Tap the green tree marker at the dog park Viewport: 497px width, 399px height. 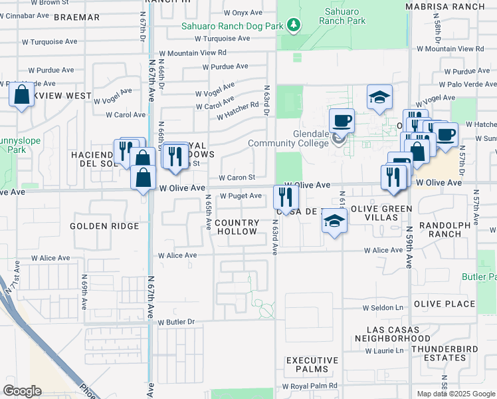coord(293,25)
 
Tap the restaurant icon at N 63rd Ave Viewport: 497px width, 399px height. coord(286,196)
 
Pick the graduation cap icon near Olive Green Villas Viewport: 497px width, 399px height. coord(334,222)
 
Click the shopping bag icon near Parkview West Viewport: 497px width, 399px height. coord(22,95)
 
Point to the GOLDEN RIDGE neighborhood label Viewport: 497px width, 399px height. coord(105,226)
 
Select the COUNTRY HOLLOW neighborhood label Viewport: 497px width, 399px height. coord(237,227)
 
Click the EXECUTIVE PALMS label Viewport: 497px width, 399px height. coord(312,364)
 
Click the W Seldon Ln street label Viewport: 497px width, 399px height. coord(383,308)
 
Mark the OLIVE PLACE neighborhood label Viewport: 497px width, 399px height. coord(445,304)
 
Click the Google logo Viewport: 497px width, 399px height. coord(23,391)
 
